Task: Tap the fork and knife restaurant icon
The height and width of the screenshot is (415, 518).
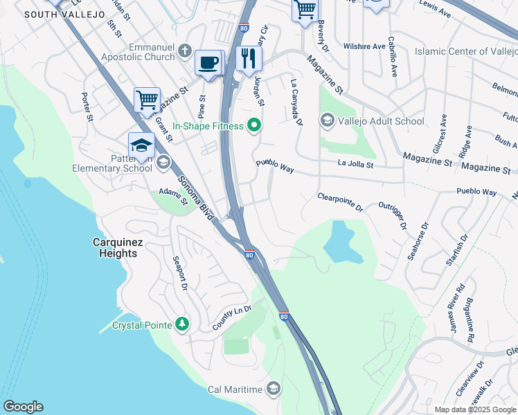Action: (x=249, y=59)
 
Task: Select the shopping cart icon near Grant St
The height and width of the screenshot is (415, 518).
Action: (x=147, y=100)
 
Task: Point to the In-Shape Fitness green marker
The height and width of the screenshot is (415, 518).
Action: (x=254, y=126)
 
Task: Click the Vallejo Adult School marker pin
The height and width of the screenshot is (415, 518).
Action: (x=327, y=121)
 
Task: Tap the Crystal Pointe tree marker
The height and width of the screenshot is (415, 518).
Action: (x=182, y=324)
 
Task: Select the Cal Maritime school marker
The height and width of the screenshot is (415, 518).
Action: (x=274, y=389)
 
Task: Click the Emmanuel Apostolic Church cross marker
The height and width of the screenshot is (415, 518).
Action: (x=184, y=50)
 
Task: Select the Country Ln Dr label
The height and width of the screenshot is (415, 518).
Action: (x=231, y=316)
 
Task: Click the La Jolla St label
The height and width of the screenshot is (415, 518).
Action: (x=355, y=165)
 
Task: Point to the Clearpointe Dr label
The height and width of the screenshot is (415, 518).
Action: (x=340, y=201)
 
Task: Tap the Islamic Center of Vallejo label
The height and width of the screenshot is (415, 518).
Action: (x=465, y=52)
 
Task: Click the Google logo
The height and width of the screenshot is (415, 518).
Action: (x=23, y=407)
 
